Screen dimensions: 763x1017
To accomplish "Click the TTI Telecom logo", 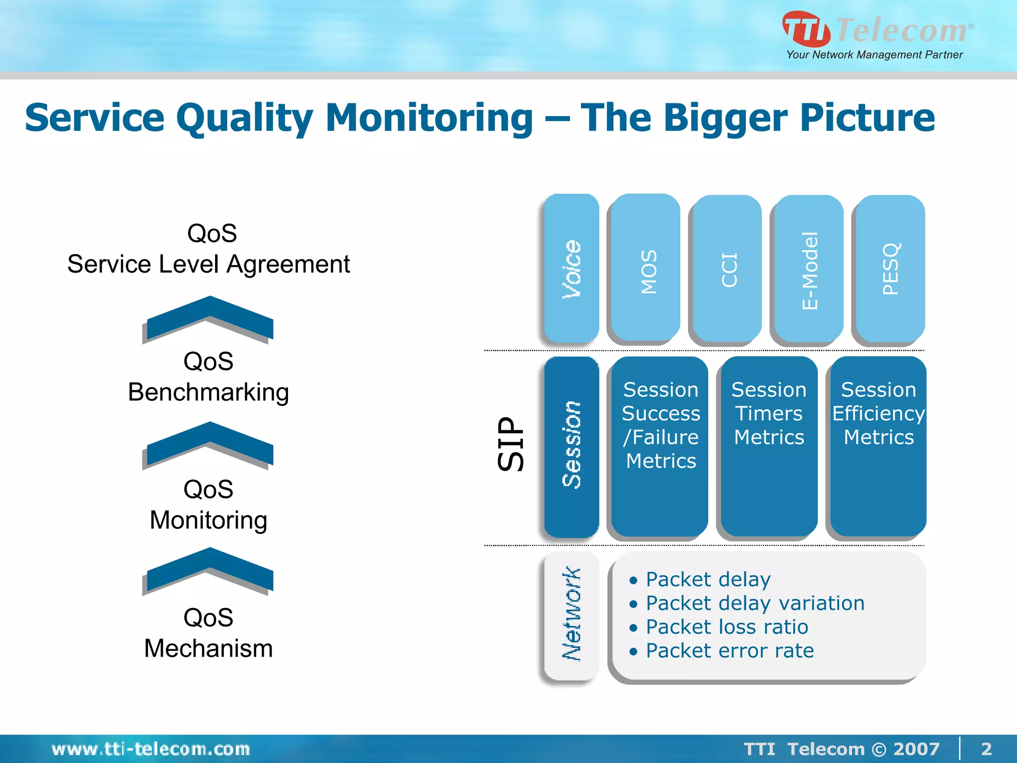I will pos(876,35).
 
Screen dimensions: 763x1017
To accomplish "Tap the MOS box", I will pos(646,268).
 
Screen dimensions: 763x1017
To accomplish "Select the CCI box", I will pos(727,268).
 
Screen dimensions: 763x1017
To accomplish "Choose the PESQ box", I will pos(890,268).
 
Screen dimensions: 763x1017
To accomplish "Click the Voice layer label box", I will pos(571,268).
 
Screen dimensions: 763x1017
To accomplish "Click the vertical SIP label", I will pos(510,444).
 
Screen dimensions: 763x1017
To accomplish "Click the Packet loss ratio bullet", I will pos(726,627).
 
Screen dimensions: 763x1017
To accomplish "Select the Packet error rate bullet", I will pos(729,651).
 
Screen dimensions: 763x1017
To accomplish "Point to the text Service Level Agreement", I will pos(209,264).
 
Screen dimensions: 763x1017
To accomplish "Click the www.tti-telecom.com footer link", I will pos(150,749).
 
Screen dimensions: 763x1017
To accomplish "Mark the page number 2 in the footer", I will pos(986,749).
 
